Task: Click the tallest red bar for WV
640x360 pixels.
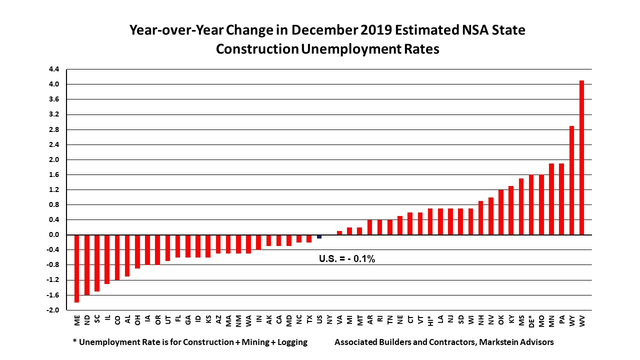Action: pyautogui.click(x=581, y=157)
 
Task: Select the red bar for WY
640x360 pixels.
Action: pyautogui.click(x=571, y=180)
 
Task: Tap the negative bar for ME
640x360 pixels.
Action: pyautogui.click(x=76, y=268)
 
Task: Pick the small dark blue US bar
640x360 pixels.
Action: pyautogui.click(x=319, y=236)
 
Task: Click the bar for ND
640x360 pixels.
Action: pyautogui.click(x=86, y=264)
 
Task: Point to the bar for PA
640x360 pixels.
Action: pyautogui.click(x=561, y=199)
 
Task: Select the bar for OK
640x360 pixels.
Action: pyautogui.click(x=500, y=212)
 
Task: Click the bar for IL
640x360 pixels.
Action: pyautogui.click(x=107, y=259)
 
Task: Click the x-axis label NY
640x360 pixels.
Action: pyautogui.click(x=329, y=320)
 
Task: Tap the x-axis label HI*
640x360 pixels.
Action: pyautogui.click(x=430, y=320)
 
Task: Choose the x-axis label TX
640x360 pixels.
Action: pyautogui.click(x=309, y=320)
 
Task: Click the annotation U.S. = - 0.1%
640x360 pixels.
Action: pyautogui.click(x=347, y=259)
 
